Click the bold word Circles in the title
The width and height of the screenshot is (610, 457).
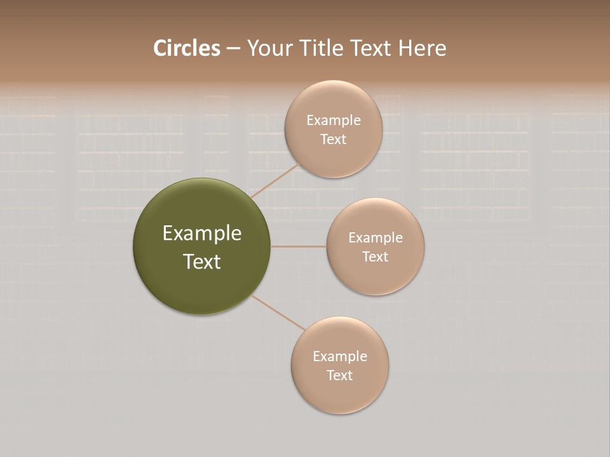coord(186,48)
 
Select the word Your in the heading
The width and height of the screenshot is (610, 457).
coord(269,48)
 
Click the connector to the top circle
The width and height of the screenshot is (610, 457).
coord(275,180)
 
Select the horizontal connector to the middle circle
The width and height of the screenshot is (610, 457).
coord(298,246)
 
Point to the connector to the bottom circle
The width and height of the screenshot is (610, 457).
coord(278,312)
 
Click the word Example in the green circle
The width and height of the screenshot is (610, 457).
coord(202,234)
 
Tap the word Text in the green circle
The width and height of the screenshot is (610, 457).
coord(202,262)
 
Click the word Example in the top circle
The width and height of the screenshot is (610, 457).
coord(334,121)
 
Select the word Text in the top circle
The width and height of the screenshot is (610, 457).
coord(333,139)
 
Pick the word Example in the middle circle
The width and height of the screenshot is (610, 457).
coord(376,238)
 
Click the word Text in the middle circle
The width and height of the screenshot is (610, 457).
coord(375,256)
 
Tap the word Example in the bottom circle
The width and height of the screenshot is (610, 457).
coord(340,357)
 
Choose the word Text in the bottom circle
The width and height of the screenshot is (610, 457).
coord(339,375)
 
